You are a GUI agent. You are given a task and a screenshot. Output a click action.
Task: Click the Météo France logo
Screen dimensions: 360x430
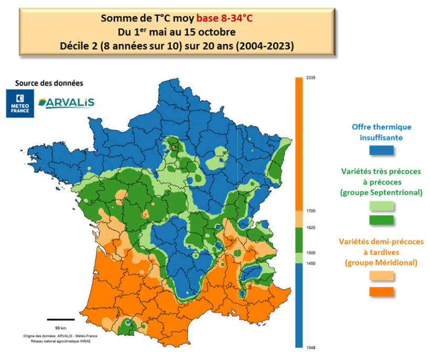(20, 103)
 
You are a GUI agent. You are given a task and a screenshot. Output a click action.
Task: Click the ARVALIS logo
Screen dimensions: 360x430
(67, 102)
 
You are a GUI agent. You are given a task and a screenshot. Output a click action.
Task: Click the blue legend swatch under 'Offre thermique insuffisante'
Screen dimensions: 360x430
(381, 150)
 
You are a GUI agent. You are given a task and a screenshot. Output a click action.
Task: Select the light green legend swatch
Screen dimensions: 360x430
(381, 206)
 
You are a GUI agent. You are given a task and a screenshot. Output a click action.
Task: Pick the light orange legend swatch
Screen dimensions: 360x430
(381, 276)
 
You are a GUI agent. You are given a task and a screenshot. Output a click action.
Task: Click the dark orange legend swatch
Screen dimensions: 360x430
(381, 291)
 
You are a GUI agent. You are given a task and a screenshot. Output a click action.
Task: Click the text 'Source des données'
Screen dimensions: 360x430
(49, 83)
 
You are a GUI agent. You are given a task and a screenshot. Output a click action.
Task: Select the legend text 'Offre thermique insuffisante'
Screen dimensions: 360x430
(381, 132)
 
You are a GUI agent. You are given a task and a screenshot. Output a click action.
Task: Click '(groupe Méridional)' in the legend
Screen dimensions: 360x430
(381, 262)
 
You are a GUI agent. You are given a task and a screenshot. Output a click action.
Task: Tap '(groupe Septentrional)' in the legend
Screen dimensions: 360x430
(381, 192)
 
